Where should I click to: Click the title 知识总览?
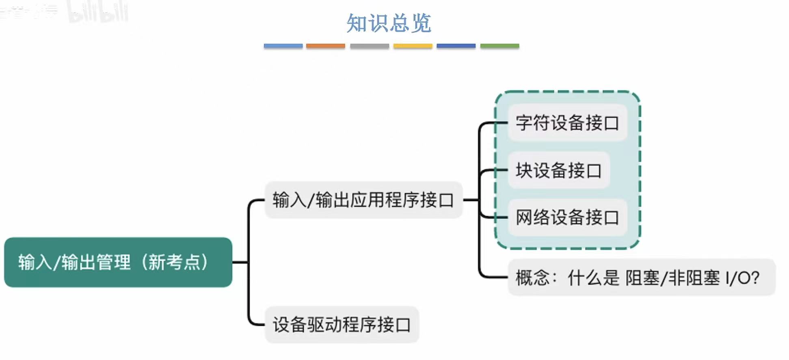tap(389, 23)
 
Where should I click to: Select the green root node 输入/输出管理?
tap(118, 262)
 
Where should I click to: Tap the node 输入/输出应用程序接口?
tap(363, 200)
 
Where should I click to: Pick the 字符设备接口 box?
tap(567, 122)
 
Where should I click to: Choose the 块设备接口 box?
tap(558, 170)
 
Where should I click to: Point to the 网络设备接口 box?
tap(567, 217)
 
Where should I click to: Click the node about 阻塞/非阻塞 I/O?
tap(641, 278)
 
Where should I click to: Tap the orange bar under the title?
tap(325, 46)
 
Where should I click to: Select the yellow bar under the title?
tap(413, 46)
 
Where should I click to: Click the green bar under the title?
tap(499, 46)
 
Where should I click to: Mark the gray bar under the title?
tap(369, 46)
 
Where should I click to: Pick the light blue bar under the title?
tap(283, 46)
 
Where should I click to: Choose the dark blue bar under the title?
tap(456, 46)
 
